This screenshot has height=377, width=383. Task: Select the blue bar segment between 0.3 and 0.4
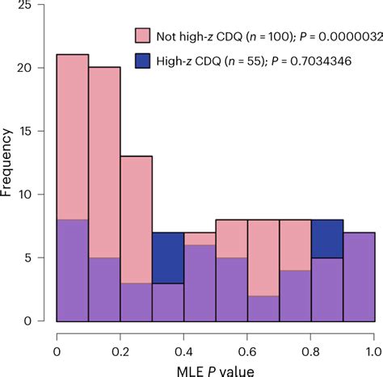[x=167, y=258]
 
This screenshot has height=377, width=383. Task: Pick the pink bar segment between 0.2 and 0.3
[x=136, y=218]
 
